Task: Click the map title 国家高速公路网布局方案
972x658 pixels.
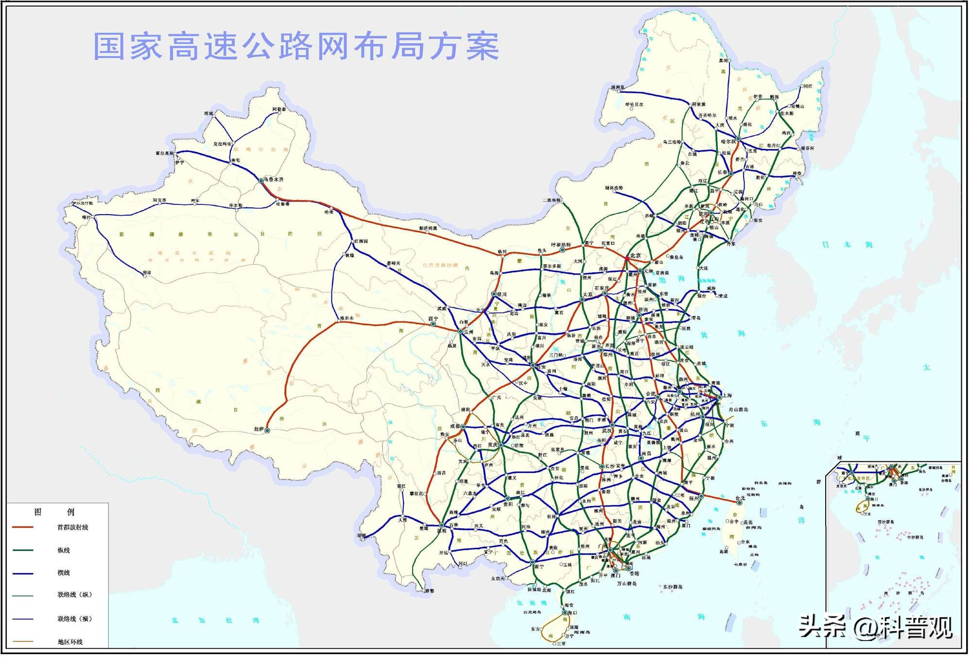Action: pos(296,47)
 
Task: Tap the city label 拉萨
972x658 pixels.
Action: pos(258,429)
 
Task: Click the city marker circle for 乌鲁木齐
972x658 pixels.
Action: pos(261,181)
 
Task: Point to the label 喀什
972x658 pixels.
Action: pos(87,218)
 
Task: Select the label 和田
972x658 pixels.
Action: pos(147,273)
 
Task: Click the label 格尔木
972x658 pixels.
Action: pos(347,319)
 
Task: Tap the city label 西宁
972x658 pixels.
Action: pos(433,319)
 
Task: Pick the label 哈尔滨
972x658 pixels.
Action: pos(729,142)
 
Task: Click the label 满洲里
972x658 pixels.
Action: pos(617,88)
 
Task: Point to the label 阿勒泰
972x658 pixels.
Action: pos(279,110)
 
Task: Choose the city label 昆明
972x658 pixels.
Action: pos(442,531)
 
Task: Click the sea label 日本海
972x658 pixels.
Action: pos(847,245)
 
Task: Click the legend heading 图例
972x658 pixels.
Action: pos(54,512)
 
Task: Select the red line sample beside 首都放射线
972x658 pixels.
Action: pos(22,527)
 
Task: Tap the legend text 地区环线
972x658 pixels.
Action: pos(70,642)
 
